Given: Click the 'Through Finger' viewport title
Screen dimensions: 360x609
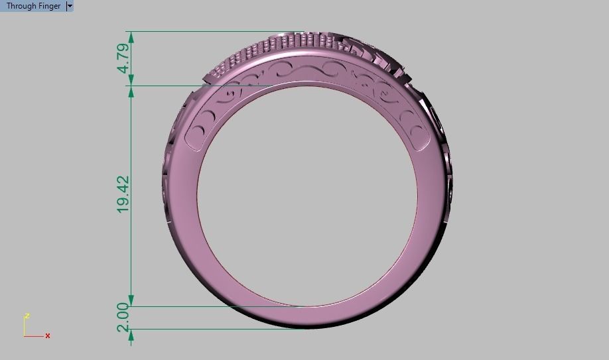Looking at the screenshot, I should pyautogui.click(x=33, y=6).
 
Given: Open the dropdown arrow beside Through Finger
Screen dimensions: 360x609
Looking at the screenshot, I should pyautogui.click(x=70, y=6).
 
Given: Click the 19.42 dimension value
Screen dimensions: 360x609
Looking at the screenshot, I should pyautogui.click(x=123, y=195).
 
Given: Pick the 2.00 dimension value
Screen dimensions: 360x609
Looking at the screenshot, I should pyautogui.click(x=123, y=317).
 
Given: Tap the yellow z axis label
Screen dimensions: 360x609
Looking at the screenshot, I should pyautogui.click(x=26, y=316).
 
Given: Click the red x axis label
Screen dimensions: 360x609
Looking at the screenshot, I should pyautogui.click(x=48, y=336).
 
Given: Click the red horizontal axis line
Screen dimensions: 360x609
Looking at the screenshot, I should pyautogui.click(x=34, y=336).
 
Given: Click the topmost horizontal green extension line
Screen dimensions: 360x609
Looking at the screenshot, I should pyautogui.click(x=212, y=31).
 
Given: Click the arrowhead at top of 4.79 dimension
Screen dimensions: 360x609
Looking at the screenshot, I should pyautogui.click(x=131, y=36).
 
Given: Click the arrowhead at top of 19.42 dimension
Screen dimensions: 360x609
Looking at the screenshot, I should pyautogui.click(x=131, y=90).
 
